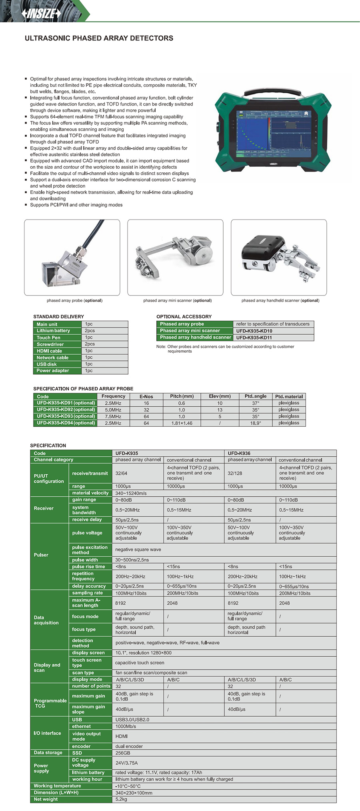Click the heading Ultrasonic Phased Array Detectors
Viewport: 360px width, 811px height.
[x=99, y=38]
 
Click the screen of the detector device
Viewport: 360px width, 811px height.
[x=274, y=132]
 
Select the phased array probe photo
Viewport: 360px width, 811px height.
[x=72, y=257]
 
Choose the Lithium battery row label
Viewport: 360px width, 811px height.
[x=53, y=331]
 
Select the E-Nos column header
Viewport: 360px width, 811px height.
[x=146, y=396]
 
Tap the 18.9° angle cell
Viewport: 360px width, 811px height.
[x=255, y=423]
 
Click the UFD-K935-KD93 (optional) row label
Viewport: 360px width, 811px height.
[x=66, y=416]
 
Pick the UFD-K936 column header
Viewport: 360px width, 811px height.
[x=239, y=453]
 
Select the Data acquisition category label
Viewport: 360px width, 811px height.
[x=46, y=620]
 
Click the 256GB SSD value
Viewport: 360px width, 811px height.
[x=123, y=753]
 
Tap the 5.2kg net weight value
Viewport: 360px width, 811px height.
[x=121, y=799]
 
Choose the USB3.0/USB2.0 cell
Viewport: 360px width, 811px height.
[x=132, y=719]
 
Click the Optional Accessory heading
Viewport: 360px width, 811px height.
[x=184, y=316]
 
